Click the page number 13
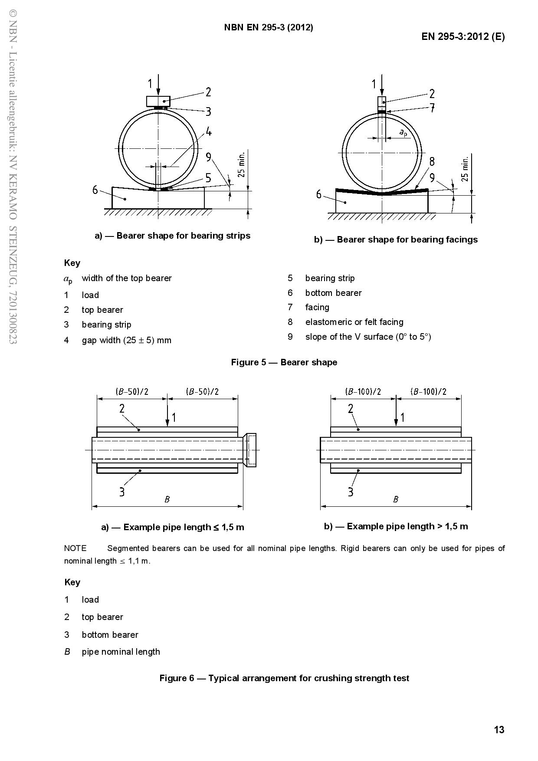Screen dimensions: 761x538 [499, 730]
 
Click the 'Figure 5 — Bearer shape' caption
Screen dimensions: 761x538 [284, 362]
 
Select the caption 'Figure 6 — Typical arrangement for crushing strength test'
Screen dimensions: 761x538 [284, 678]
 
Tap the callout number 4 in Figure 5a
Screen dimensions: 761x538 [209, 131]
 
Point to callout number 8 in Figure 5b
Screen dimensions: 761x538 [432, 161]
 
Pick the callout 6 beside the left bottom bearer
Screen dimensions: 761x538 [95, 190]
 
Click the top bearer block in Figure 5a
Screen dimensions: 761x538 [158, 101]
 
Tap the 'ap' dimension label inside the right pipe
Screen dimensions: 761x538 [403, 132]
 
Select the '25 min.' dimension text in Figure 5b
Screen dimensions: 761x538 [465, 169]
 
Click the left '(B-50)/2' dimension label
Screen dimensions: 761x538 [132, 391]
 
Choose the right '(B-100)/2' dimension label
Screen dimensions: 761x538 [428, 391]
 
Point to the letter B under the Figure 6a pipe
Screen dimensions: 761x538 [167, 499]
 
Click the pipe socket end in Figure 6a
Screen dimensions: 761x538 [250, 450]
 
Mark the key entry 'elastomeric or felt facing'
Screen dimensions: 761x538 [354, 322]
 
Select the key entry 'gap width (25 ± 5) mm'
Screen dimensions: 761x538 [126, 340]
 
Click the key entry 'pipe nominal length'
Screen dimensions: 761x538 [121, 652]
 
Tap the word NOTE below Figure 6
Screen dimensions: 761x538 [75, 548]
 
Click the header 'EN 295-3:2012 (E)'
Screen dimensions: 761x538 [463, 36]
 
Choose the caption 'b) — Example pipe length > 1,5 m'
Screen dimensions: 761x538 [396, 526]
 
